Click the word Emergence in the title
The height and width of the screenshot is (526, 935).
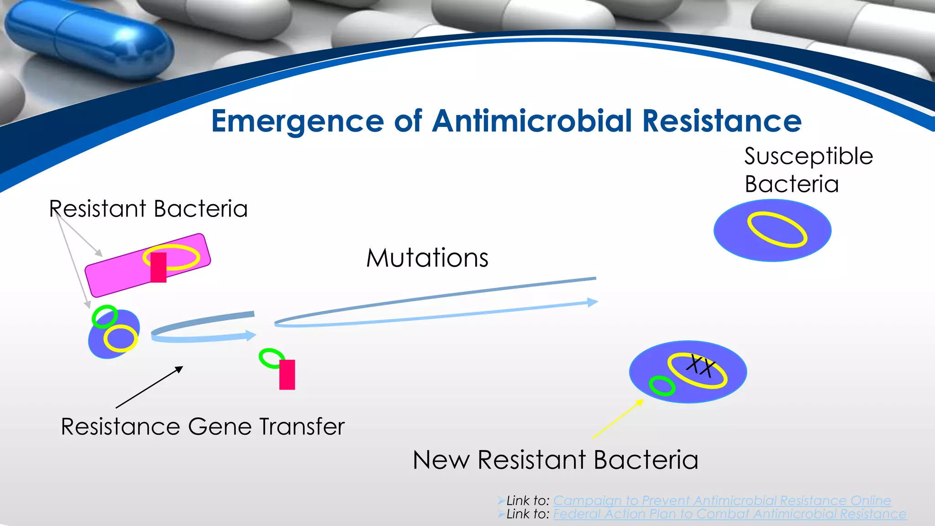click(x=298, y=121)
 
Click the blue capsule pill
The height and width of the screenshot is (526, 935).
click(x=87, y=41)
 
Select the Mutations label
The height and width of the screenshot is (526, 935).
click(x=427, y=258)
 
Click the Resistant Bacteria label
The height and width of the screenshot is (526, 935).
click(x=149, y=209)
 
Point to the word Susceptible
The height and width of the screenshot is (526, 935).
click(x=808, y=156)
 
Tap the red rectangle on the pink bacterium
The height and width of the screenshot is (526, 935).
click(x=158, y=268)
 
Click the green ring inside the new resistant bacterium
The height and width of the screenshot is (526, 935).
click(x=662, y=386)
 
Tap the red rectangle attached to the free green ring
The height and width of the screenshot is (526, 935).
click(x=287, y=374)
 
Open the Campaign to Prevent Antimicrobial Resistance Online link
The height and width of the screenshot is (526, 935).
click(x=722, y=500)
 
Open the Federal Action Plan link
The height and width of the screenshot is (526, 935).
click(x=730, y=514)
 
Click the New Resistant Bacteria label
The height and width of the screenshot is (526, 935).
click(x=555, y=459)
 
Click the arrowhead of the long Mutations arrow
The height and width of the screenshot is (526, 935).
click(x=592, y=302)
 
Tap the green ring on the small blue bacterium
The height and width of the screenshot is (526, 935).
click(x=105, y=316)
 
